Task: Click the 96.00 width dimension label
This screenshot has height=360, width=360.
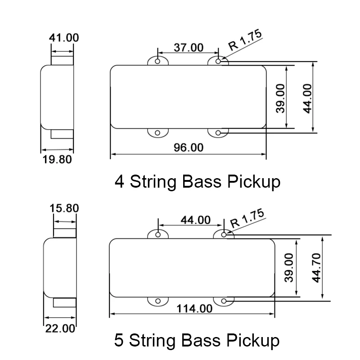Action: pos(188,147)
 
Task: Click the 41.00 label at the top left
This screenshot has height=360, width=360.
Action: pos(63,38)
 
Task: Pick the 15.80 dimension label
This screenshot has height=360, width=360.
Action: pos(65,208)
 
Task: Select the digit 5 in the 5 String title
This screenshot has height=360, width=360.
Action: pos(119,340)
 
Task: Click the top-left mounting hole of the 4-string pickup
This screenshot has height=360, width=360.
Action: pos(157,61)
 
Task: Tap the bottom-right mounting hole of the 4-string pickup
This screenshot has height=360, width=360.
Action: pos(218,133)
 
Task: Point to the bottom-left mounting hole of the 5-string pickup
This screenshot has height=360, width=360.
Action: pos(158,301)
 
